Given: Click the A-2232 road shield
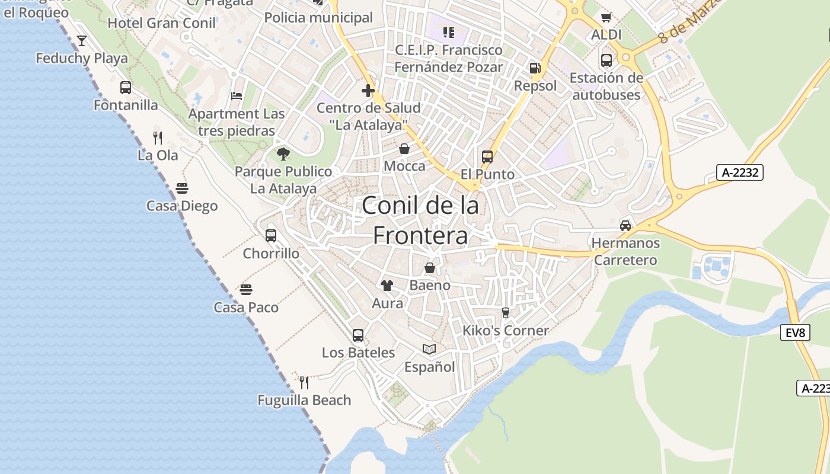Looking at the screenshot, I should point(739,172).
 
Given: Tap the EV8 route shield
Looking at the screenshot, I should point(796,332).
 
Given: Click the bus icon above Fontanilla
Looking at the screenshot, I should point(126,88).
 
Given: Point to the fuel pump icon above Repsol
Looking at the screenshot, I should point(535,68).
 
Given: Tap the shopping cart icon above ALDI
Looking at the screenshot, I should point(606,18).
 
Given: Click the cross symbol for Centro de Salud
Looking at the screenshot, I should point(368,91).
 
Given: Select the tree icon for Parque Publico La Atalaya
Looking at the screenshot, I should point(283,154).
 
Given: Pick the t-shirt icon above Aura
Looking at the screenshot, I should point(387,286).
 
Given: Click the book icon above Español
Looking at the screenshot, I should point(429,350).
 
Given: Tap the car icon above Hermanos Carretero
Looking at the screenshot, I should point(625,225).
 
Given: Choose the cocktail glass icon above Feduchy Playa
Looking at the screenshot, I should point(82,41).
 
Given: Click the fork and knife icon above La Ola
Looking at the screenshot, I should point(158,138).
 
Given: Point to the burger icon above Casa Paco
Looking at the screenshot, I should point(246,290).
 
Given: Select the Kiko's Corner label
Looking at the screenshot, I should point(506,331).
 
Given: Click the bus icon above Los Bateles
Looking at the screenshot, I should point(358,335).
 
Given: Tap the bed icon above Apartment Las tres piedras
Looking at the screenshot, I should point(237,96).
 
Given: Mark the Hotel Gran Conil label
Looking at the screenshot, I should point(162,23).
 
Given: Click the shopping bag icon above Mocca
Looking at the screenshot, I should point(404,148).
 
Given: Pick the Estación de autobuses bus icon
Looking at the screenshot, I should point(606,60).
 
